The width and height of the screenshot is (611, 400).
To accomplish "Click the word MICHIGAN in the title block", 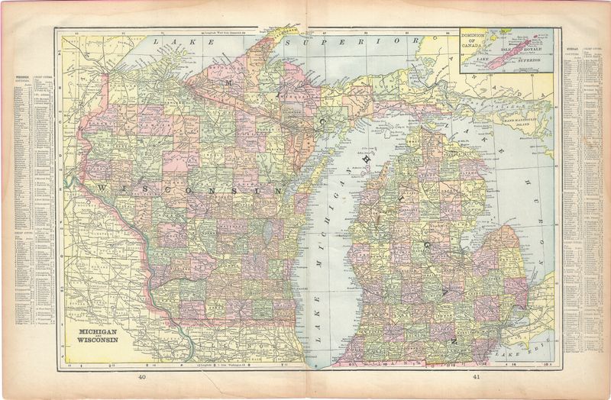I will coord(96,334).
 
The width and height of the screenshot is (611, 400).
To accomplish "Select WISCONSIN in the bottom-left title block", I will coord(96,342).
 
